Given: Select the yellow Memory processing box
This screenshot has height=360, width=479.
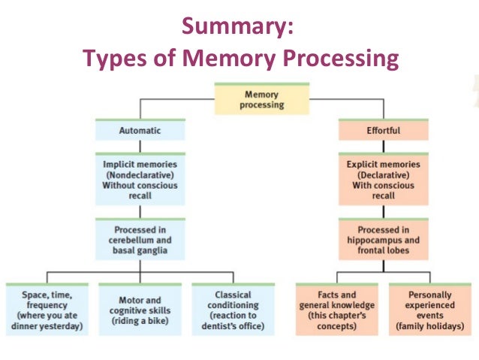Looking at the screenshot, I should point(261,99).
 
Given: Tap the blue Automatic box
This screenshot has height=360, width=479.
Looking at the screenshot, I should point(140,130).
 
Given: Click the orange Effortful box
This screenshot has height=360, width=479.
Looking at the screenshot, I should point(383,130).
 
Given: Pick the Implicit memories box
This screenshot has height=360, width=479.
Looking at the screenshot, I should point(140,180).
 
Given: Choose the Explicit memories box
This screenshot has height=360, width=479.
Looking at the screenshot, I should point(383,180).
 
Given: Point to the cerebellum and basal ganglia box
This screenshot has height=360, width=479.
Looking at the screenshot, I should point(140,239).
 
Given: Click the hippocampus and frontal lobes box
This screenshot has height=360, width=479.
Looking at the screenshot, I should point(383,239).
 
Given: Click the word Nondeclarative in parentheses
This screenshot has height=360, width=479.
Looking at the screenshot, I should point(140,174).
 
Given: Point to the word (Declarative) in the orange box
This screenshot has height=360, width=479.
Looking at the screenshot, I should point(383,174).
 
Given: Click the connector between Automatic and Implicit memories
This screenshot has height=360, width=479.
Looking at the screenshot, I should point(140,147).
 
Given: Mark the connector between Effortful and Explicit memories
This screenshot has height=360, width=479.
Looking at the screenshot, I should point(383,147).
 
